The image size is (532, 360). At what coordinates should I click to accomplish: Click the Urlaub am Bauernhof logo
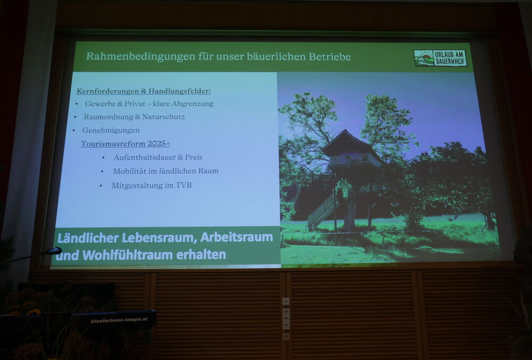click(x=440, y=58)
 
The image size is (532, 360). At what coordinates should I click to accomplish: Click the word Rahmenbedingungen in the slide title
click(x=140, y=56)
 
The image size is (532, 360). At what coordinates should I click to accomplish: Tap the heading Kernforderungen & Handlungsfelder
click(x=144, y=91)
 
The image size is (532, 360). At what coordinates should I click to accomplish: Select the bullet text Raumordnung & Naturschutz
click(x=135, y=117)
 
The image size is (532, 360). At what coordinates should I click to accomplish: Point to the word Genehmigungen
click(x=111, y=130)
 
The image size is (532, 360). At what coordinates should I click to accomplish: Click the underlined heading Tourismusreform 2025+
click(x=126, y=144)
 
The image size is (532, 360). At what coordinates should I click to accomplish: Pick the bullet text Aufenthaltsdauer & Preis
click(x=158, y=157)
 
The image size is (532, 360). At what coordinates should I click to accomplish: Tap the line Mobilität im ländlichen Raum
click(x=165, y=171)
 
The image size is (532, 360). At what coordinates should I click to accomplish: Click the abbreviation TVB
click(x=183, y=186)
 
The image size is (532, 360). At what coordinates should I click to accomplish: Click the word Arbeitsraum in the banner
click(x=237, y=237)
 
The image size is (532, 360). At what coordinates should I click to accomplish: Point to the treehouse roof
click(x=350, y=141)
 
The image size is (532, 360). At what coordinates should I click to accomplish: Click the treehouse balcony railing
click(x=353, y=160)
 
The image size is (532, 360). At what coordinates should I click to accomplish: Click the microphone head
click(x=54, y=251)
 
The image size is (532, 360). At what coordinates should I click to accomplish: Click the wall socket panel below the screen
click(x=286, y=319)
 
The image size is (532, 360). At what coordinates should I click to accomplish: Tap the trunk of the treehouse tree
click(x=350, y=214)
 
